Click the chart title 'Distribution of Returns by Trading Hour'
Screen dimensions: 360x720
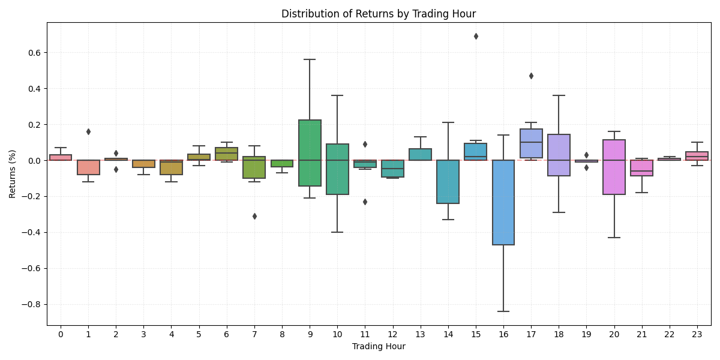coord(379,14)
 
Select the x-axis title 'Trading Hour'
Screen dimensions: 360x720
coord(379,346)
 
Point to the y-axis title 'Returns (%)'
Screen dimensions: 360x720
coord(13,174)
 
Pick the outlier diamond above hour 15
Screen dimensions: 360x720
coord(476,36)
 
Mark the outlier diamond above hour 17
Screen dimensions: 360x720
coord(531,76)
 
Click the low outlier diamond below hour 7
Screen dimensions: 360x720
coord(254,216)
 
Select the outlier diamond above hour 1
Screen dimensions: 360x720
coord(88,131)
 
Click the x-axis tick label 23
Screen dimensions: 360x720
coord(697,333)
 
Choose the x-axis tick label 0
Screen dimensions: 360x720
coord(61,333)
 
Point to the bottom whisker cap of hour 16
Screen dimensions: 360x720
coord(503,311)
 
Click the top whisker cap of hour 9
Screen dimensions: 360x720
coord(310,59)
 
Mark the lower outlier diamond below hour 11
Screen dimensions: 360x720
coord(365,202)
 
